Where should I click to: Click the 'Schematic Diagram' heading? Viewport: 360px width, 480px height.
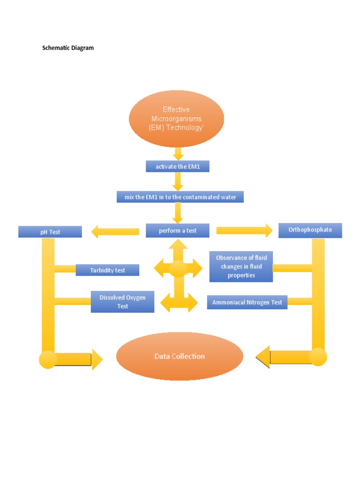click(x=68, y=48)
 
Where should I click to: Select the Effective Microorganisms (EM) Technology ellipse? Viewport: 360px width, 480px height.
click(x=176, y=119)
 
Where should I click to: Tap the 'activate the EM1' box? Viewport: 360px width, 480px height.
click(x=178, y=166)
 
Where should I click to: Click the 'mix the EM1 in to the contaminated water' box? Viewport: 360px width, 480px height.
click(x=180, y=197)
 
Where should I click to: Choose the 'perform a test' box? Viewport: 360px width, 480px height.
click(x=178, y=231)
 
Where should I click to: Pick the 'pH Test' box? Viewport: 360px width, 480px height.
click(x=50, y=232)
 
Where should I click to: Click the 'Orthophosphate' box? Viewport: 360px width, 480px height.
click(x=310, y=230)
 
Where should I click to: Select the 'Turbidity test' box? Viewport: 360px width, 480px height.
click(x=107, y=270)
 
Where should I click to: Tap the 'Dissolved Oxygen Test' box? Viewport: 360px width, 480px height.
click(x=122, y=302)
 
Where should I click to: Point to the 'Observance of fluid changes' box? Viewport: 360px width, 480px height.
click(x=241, y=266)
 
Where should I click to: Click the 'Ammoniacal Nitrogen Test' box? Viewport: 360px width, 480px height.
click(x=247, y=302)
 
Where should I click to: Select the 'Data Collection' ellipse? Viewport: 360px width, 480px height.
click(x=180, y=356)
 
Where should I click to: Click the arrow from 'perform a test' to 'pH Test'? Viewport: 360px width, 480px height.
click(x=115, y=231)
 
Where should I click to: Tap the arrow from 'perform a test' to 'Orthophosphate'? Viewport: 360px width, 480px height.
click(x=244, y=230)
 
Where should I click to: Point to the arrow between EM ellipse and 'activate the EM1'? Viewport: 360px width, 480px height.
click(x=178, y=153)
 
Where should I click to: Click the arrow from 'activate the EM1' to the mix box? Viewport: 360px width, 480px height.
click(x=178, y=181)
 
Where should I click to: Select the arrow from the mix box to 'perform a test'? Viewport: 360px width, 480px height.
click(x=178, y=213)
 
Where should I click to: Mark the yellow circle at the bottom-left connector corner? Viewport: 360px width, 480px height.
click(x=48, y=360)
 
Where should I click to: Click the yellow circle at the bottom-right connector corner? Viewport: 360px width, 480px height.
click(x=318, y=357)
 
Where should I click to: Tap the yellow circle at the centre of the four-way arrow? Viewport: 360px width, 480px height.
click(x=178, y=269)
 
